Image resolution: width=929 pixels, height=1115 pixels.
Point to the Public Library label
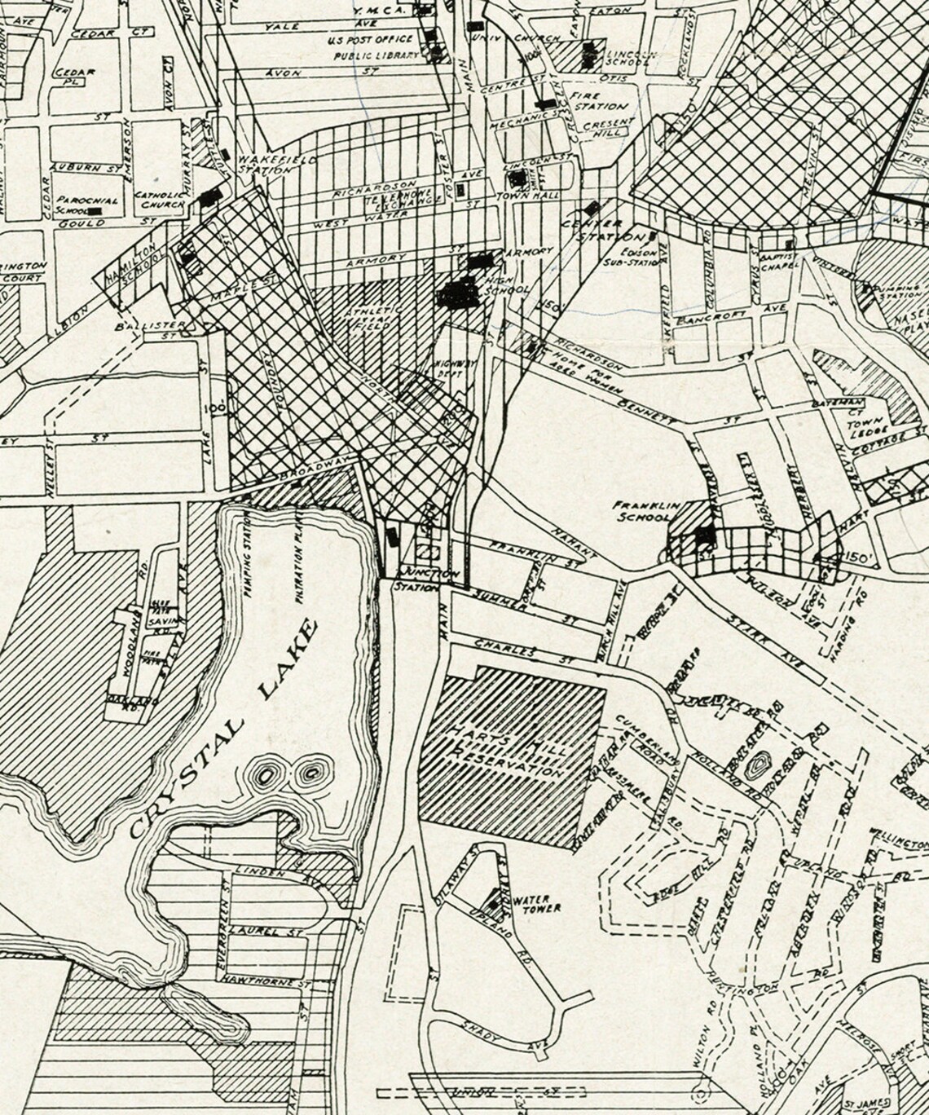[376, 56]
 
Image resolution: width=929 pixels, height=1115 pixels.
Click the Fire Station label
[601, 100]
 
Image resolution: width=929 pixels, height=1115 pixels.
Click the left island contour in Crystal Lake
[266, 770]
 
